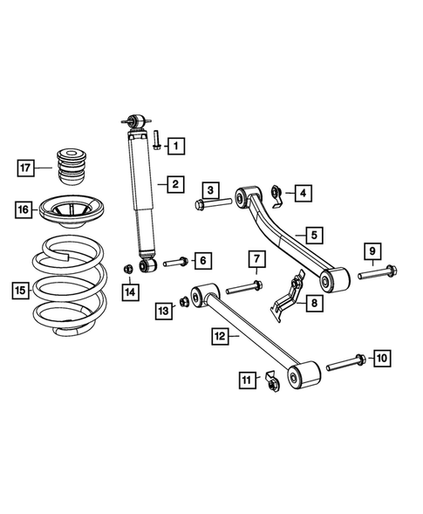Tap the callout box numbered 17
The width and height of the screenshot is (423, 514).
27,165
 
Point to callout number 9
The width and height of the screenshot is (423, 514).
372,253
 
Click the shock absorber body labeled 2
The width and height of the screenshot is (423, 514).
141,192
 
